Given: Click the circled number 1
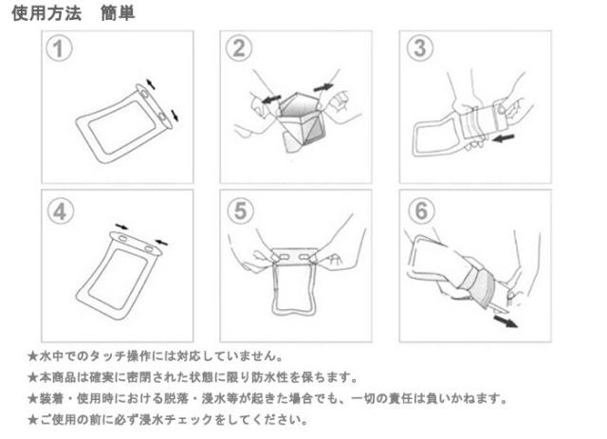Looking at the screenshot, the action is pos(59,49).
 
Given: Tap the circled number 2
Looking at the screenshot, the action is pos(239,48).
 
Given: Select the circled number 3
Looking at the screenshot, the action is pos(420,48).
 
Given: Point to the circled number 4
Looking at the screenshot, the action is pos(61,211).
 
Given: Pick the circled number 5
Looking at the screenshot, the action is pos(240,210).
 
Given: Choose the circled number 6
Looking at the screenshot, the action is pos(421,210).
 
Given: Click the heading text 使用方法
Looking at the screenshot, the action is pos(46,13).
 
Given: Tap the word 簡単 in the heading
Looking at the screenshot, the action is pos(118,13).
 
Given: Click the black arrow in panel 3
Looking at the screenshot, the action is pos(504,137).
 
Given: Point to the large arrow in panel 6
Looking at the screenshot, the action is pos(506,320).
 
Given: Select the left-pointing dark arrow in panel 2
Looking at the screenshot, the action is pos(271,100).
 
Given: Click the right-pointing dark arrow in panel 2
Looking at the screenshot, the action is pos(323,88).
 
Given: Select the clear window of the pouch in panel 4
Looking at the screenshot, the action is pos(118,279).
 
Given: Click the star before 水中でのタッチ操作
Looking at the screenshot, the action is pos(33,357).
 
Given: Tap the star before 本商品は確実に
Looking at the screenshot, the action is pos(33,377).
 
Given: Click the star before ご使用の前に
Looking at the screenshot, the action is pos(33,419).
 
